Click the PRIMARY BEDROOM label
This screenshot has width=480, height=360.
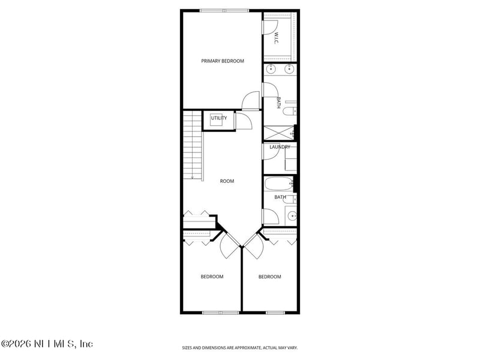click(223, 61)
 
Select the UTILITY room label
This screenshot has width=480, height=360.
click(219, 118)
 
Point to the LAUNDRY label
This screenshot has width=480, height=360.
click(280, 147)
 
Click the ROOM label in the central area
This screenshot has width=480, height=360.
click(227, 181)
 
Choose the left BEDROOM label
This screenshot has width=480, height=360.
click(212, 277)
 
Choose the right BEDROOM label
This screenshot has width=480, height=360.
click(269, 277)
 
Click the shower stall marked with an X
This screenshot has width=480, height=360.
click(277, 133)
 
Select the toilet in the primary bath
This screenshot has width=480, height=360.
click(290, 112)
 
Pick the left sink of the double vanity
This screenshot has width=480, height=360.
click(270, 68)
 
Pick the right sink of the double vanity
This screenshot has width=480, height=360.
click(289, 68)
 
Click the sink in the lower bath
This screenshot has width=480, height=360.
click(291, 215)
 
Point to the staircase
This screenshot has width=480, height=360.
click(192, 144)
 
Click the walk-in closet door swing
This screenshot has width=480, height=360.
click(270, 27)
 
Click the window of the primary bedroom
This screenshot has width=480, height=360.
click(224, 10)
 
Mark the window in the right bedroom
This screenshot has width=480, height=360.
click(275, 313)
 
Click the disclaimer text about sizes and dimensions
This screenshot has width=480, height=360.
click(240, 347)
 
